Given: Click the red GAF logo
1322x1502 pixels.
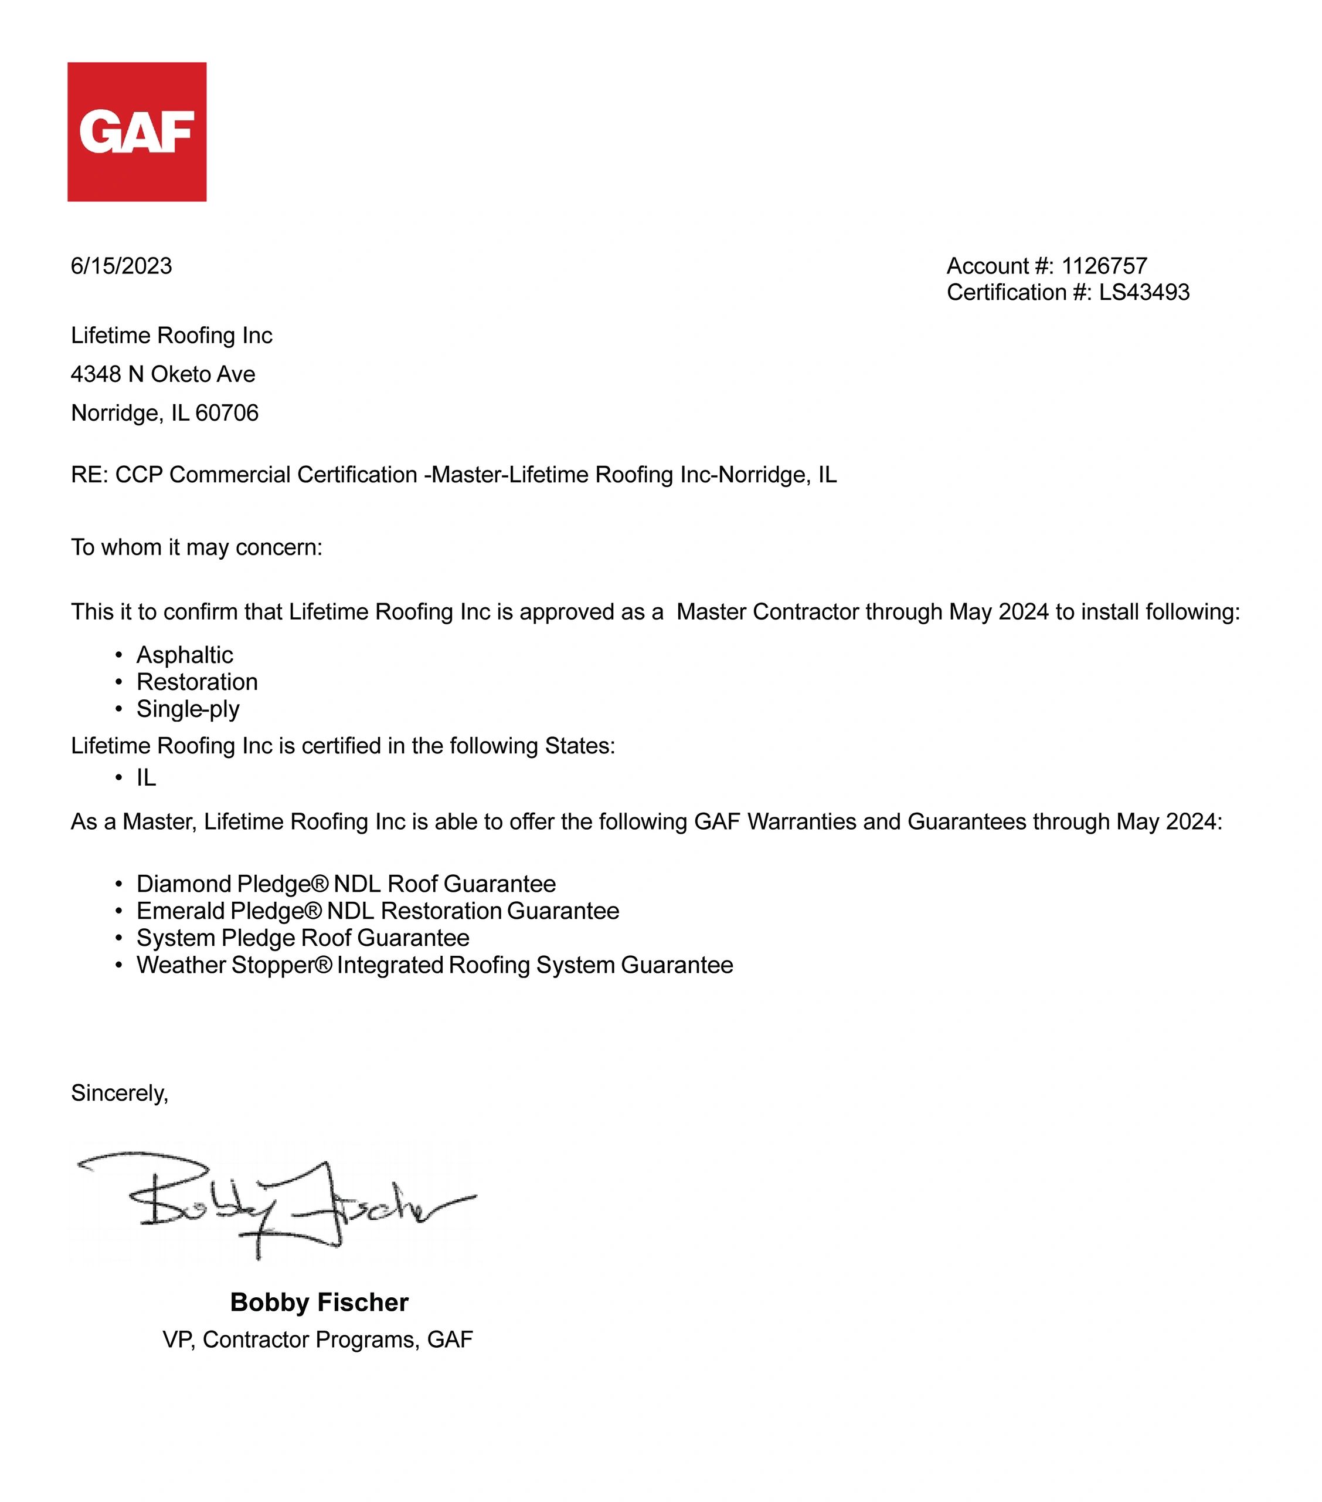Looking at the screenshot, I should pos(137,131).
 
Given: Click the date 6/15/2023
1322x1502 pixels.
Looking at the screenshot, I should pos(121,266).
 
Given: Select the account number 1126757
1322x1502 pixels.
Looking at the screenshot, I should pos(1104,266).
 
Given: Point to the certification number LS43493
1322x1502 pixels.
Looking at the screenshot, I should pos(1144,292).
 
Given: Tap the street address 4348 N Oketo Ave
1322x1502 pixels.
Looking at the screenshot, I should pos(163,375).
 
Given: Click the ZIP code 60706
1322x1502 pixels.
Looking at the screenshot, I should pos(227,414).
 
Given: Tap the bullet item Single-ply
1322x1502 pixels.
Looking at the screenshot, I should pos(188,710).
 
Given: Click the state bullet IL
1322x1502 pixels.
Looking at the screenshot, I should pos(146,778).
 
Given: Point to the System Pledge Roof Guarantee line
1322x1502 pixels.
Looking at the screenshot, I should pos(303,938).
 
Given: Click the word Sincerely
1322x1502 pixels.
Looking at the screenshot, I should pos(119,1094).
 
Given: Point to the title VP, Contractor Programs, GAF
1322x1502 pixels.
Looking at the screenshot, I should pos(317,1340).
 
